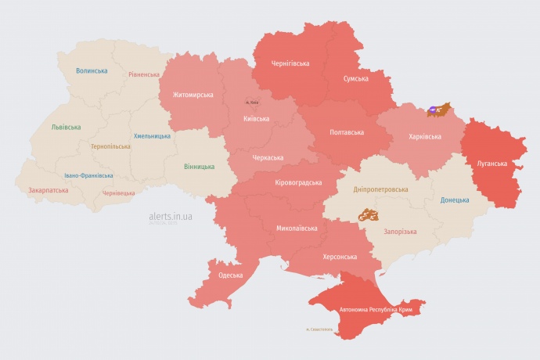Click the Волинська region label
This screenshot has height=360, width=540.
point(92,70)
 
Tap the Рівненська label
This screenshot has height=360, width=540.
point(144,75)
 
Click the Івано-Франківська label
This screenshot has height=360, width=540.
point(88,176)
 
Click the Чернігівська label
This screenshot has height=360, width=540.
point(290,63)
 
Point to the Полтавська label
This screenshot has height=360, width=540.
point(345,132)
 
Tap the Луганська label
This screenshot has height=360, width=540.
point(492,164)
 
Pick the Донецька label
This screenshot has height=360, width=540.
point(455,200)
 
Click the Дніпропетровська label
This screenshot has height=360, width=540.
point(380,190)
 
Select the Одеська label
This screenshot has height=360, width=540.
point(231,275)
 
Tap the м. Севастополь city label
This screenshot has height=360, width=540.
point(319,329)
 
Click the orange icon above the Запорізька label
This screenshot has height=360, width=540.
point(369,214)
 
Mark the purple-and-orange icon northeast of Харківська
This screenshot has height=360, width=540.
point(439,109)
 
